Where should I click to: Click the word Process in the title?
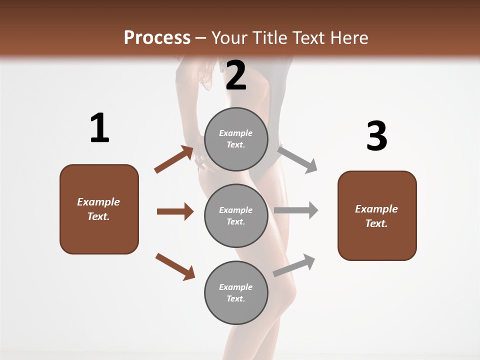click(x=157, y=37)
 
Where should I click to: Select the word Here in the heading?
click(x=349, y=37)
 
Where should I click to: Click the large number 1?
click(x=99, y=128)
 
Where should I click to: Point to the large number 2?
click(x=236, y=75)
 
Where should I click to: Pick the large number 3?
click(x=376, y=136)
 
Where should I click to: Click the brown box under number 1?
click(x=99, y=209)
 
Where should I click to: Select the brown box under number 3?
click(x=377, y=215)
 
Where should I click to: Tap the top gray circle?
click(x=236, y=139)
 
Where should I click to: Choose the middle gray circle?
click(x=236, y=215)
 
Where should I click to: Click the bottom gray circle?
click(x=236, y=292)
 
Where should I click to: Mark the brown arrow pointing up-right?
click(x=174, y=159)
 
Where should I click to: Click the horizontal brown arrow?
click(x=175, y=211)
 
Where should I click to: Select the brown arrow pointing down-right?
click(x=175, y=266)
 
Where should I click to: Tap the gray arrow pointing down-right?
click(x=297, y=159)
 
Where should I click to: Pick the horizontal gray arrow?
click(x=296, y=210)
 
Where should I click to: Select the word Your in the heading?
click(x=228, y=37)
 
